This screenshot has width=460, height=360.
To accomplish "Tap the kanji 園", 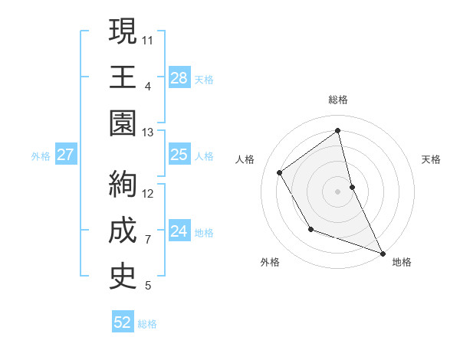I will tap(123, 124).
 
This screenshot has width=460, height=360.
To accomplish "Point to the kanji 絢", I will tap(123, 185).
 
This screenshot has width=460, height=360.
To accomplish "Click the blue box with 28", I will tap(179, 78).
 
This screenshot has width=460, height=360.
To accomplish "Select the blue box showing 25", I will tap(179, 155).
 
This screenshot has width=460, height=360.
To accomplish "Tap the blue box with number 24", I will tap(179, 231).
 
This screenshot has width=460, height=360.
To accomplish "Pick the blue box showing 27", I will tap(66, 155).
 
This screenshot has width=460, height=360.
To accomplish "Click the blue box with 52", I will tap(123, 323).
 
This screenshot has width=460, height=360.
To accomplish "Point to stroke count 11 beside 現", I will tap(149, 39).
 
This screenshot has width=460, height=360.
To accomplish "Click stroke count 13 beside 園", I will tap(148, 133).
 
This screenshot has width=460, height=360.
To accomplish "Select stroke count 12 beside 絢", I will tap(149, 193).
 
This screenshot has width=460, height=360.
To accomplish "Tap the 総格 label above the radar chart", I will tap(338, 99).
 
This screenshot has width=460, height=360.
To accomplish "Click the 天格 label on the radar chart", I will tap(432, 159).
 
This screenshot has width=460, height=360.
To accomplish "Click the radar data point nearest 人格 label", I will tap(280, 172).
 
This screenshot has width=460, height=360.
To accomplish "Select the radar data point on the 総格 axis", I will tap(338, 130).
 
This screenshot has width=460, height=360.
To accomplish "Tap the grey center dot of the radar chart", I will tap(338, 191).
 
